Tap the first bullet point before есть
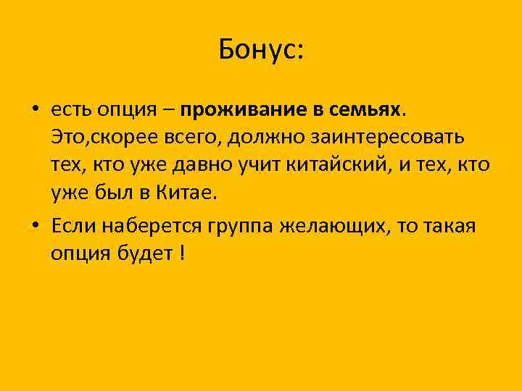click(35, 109)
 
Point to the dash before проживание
click(167, 109)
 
